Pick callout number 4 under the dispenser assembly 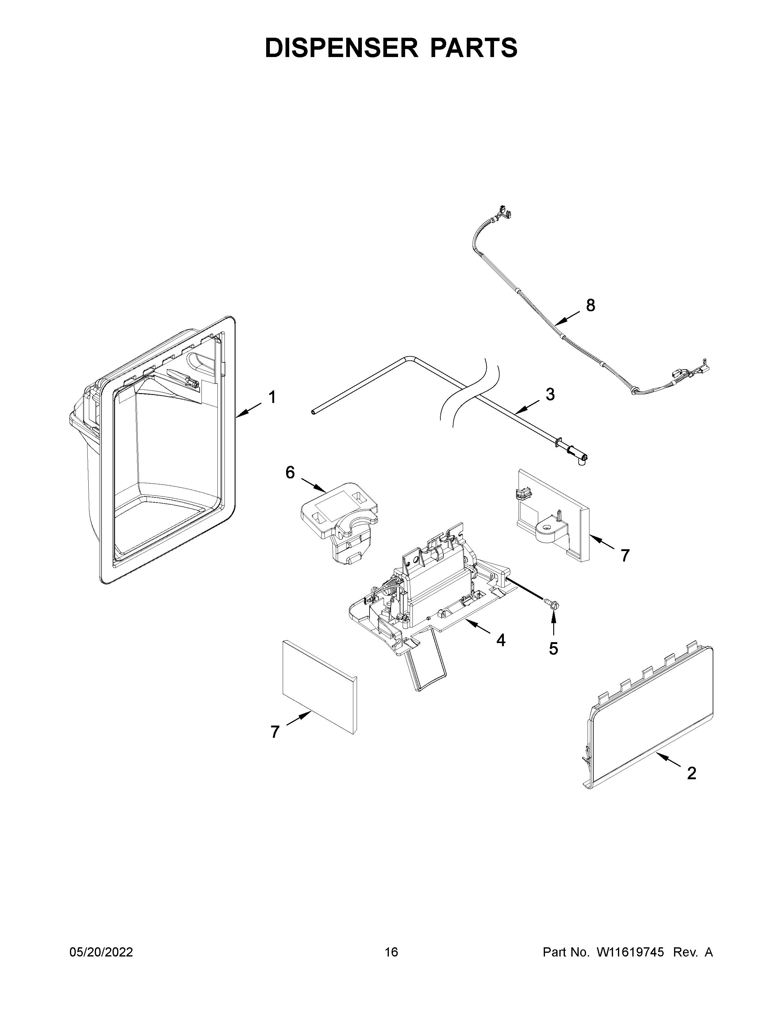(501, 640)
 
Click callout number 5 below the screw (553, 649)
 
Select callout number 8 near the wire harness (590, 305)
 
